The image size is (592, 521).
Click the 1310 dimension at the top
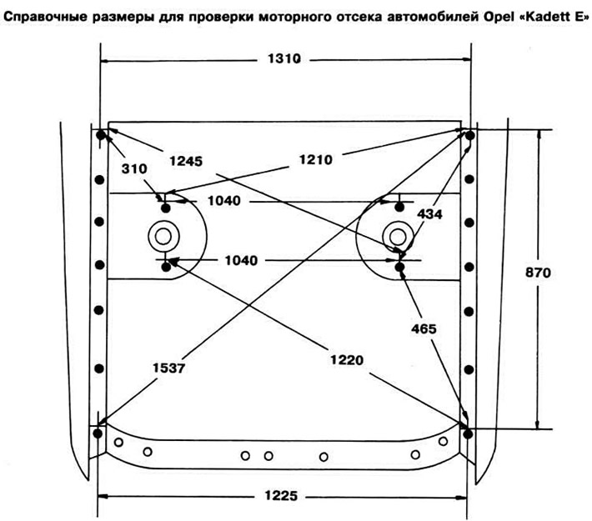[x=284, y=59]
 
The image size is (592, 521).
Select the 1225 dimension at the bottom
[x=281, y=495]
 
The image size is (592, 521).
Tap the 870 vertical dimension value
[x=538, y=273]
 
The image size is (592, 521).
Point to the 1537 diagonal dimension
[x=168, y=368]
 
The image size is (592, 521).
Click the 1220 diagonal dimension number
[x=347, y=360]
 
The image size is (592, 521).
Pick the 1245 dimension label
[x=186, y=161]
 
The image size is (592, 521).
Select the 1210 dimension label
[x=316, y=160]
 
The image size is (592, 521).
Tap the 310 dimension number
[x=134, y=168]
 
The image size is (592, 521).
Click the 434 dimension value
[x=429, y=214]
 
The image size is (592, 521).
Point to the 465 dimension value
[x=424, y=328]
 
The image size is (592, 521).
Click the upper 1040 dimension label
[x=224, y=200]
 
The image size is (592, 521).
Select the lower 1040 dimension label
[x=241, y=260]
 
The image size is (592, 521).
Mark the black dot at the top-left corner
[x=101, y=134]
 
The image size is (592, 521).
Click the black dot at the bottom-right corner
[x=468, y=434]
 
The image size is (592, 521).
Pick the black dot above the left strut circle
[x=166, y=208]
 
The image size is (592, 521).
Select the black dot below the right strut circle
[x=400, y=268]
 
